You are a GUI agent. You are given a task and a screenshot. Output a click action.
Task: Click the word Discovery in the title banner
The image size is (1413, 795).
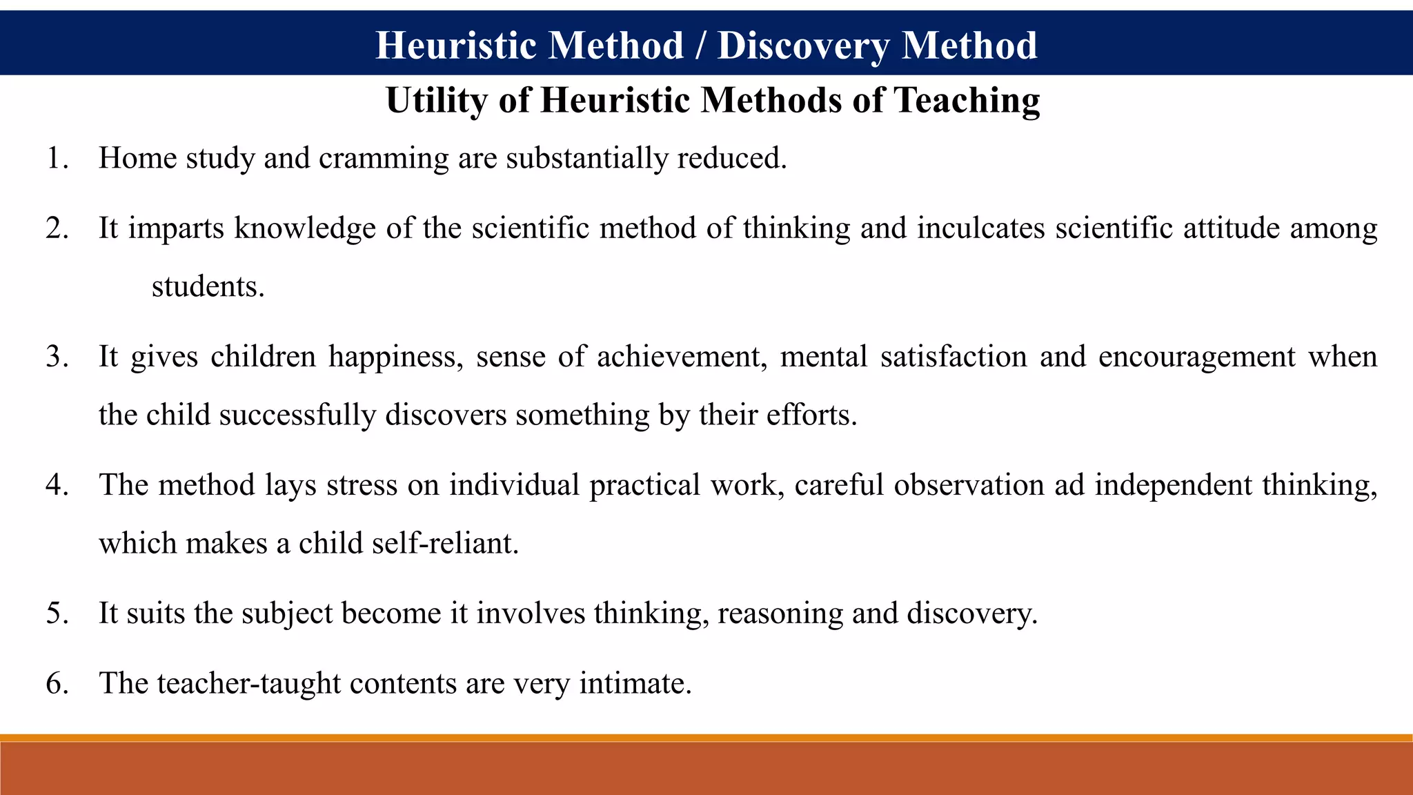tap(803, 46)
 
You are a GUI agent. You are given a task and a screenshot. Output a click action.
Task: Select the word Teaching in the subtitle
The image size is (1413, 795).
tap(967, 101)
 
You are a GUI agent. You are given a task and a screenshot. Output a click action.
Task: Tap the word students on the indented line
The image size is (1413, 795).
tap(207, 287)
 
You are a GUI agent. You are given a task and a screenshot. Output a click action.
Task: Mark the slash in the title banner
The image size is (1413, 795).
tap(700, 46)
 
